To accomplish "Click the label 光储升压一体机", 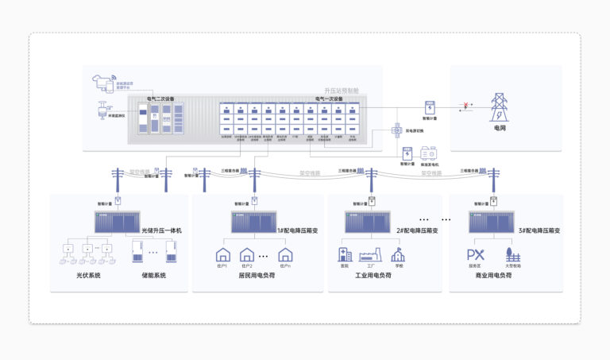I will (163, 230).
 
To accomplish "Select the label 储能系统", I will (153, 277).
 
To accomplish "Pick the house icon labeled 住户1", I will (223, 255).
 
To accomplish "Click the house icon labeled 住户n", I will (286, 255).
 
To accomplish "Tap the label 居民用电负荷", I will (255, 277).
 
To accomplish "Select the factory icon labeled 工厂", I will (370, 255).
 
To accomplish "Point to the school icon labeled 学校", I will (397, 254).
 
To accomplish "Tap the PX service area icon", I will (475, 255).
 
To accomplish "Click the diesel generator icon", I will (430, 152).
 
